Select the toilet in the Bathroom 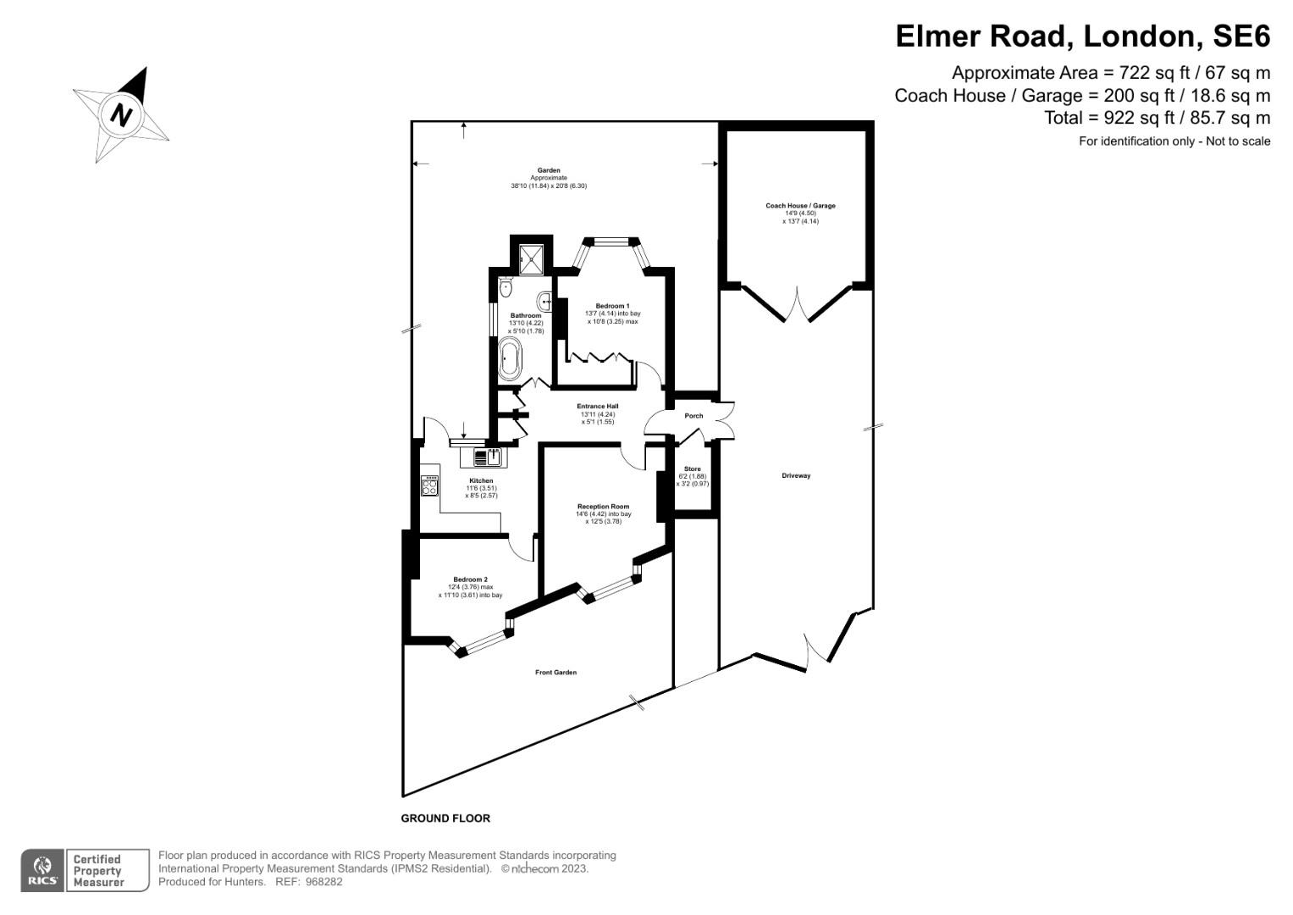click(506, 287)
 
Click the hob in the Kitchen click(430, 485)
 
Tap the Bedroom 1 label click(612, 306)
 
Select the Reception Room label click(603, 507)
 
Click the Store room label click(692, 469)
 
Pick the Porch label click(693, 416)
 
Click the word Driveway click(796, 476)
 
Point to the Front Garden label click(555, 673)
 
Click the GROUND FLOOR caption click(445, 818)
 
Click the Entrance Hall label click(598, 406)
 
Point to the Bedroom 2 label click(470, 579)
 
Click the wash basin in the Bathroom click(545, 298)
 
